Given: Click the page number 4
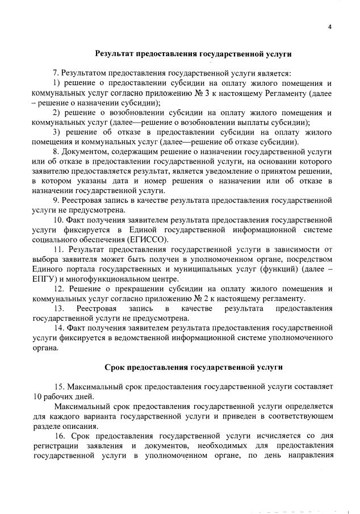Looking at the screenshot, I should click(329, 27).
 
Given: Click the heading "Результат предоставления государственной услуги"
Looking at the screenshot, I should click(193, 55).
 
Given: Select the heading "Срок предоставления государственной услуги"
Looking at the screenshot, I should click(193, 367).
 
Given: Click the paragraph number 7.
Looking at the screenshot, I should click(56, 73).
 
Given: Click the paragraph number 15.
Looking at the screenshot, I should click(58, 387).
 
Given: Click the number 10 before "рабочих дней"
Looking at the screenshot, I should click(39, 396).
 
